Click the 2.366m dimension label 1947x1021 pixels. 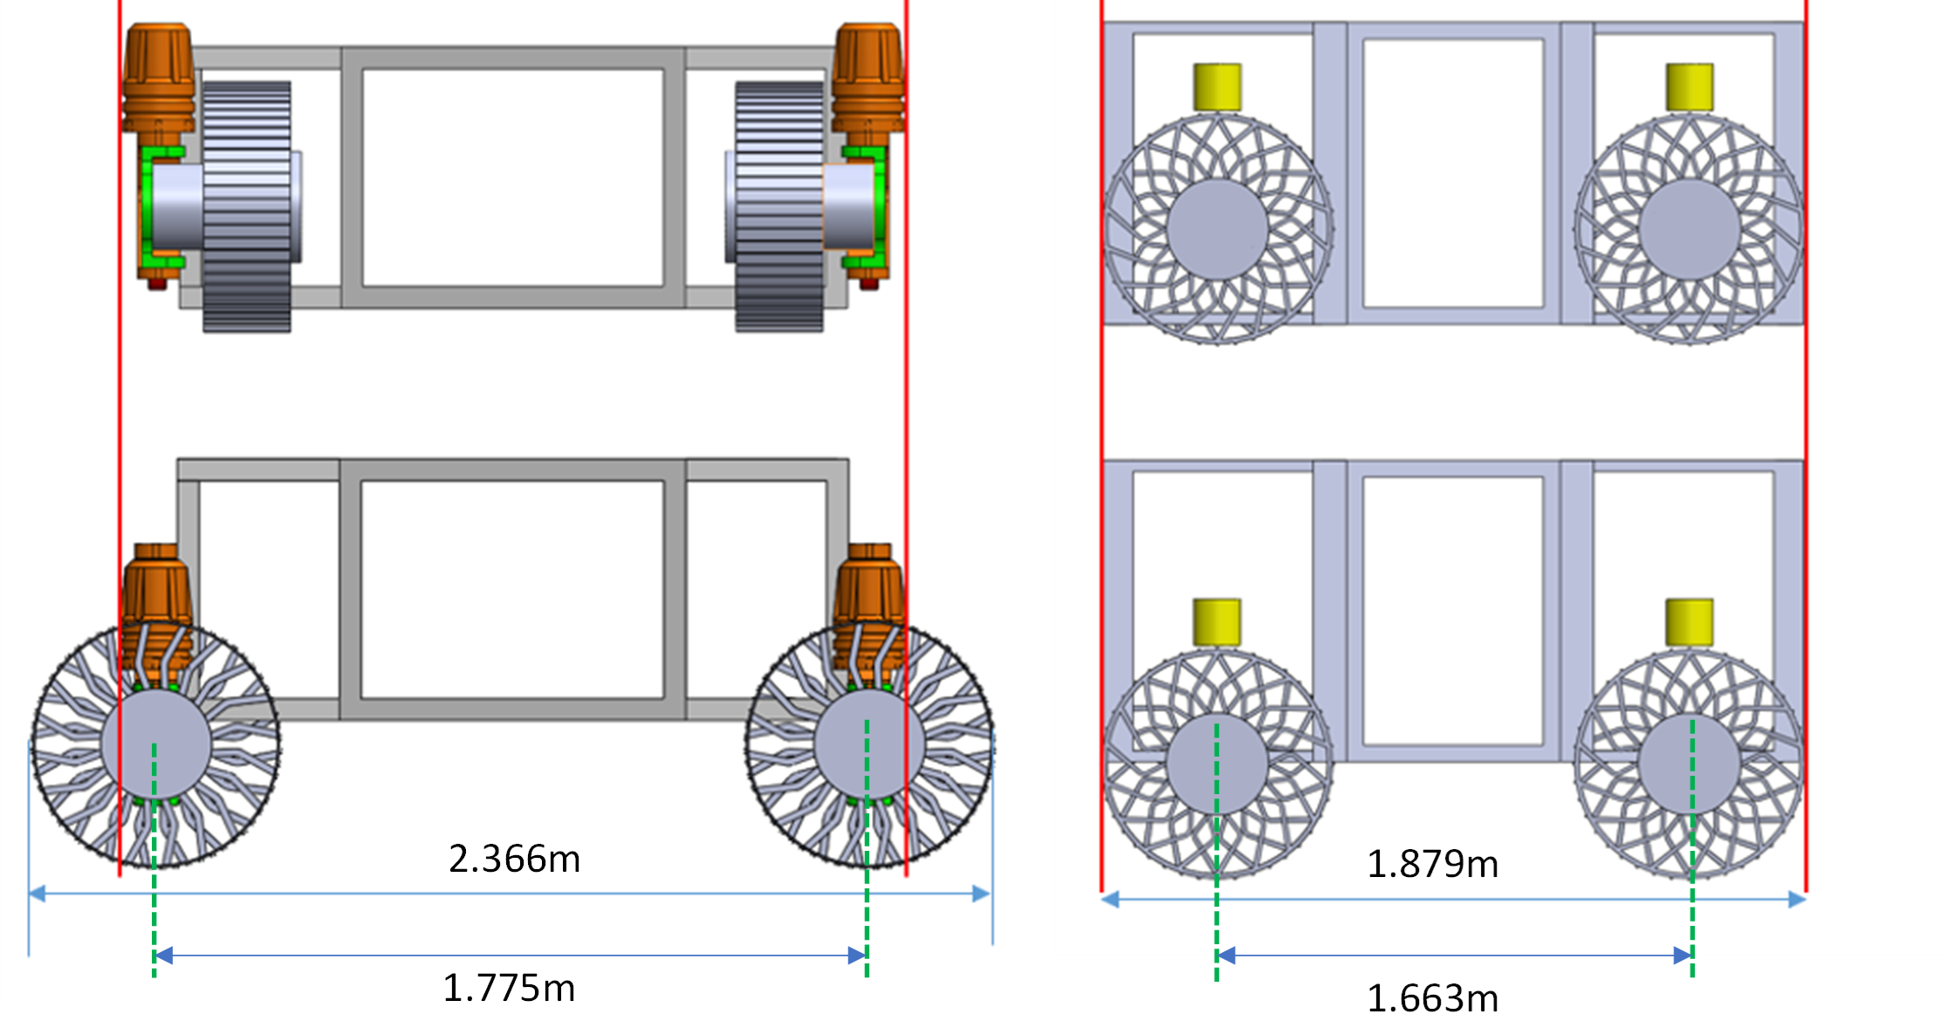point(514,859)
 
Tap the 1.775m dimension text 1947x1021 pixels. point(509,988)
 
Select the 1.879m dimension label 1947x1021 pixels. point(1432,864)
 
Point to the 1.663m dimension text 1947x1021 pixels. point(1432,997)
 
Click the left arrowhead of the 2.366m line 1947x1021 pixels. point(38,894)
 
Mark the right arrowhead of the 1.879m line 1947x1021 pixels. point(1796,900)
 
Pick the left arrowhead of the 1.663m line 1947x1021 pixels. point(1226,956)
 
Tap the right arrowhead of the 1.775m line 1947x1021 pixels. point(857,956)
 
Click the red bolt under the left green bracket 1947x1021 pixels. point(157,283)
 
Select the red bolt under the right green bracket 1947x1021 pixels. point(869,283)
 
